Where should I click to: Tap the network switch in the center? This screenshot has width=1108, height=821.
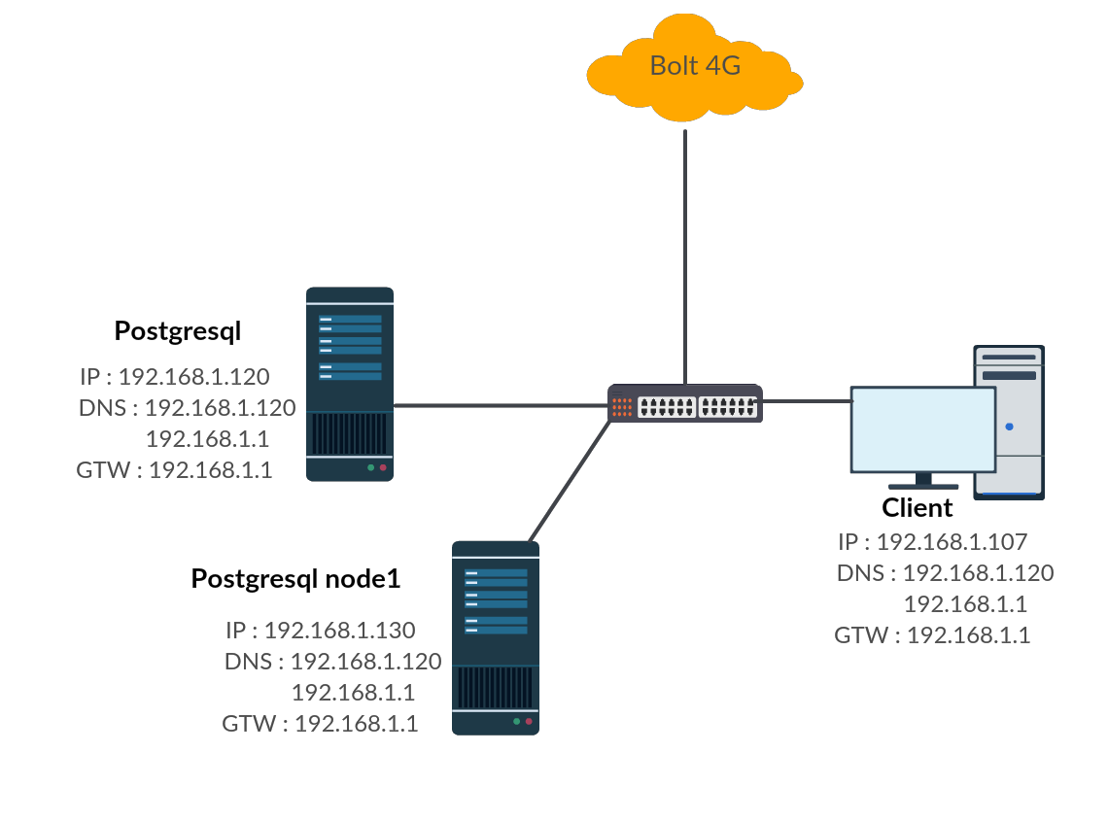pos(685,404)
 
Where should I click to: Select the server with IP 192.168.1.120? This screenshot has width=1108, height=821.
pos(350,384)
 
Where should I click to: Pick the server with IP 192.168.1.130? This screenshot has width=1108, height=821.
pos(496,637)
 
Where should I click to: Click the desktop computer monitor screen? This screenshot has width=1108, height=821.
pos(923,428)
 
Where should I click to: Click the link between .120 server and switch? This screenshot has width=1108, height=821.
pos(501,405)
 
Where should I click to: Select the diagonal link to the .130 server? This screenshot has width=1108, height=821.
pos(569,482)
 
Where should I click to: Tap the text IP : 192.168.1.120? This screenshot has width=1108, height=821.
pos(175,376)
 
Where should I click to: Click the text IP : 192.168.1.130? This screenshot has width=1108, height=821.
pos(321,630)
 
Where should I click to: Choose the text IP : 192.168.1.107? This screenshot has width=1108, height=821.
pos(933,541)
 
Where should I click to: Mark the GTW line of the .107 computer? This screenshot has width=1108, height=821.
pos(933,635)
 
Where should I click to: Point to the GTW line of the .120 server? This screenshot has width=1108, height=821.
pos(175,470)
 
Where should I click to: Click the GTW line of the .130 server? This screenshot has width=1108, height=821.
pos(321,724)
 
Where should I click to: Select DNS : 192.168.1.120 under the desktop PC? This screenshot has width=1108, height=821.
pos(946,572)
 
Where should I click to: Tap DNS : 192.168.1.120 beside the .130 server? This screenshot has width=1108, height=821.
pos(333,661)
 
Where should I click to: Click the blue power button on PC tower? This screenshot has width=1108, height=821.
pos(1009,427)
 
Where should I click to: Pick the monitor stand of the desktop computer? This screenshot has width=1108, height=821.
pos(923,481)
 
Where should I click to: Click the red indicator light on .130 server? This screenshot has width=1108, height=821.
pos(529,721)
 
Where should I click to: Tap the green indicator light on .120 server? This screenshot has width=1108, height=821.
pos(370,467)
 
